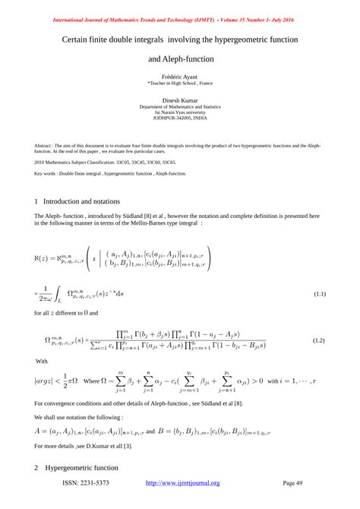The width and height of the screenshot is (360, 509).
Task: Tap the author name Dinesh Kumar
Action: point(180,100)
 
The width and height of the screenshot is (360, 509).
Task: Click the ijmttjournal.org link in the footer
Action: point(182,482)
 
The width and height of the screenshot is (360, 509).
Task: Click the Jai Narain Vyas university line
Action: point(180,113)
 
